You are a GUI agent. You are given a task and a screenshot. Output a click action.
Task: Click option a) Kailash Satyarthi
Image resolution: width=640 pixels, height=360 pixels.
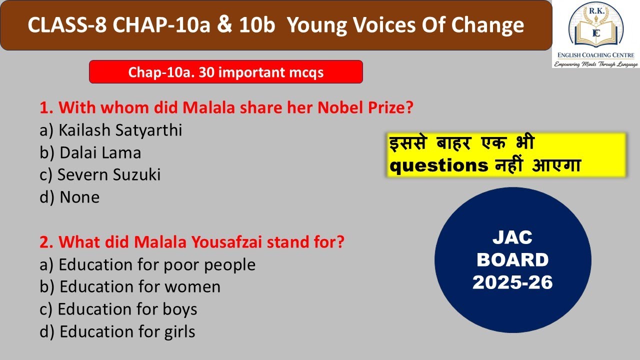point(110,130)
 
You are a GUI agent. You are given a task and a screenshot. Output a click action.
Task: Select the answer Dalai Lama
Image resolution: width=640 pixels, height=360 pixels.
point(90,152)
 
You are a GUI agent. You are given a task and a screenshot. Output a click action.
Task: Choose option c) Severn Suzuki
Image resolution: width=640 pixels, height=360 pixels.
point(100,174)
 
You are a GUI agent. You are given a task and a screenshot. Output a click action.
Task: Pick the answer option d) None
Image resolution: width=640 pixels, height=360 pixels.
point(69,197)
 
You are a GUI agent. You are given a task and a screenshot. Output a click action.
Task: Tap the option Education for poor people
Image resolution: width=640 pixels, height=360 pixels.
point(147,264)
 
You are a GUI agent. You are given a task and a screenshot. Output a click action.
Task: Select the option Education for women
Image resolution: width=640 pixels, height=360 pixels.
point(130,286)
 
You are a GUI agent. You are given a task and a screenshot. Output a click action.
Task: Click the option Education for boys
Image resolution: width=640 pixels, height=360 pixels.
point(118,309)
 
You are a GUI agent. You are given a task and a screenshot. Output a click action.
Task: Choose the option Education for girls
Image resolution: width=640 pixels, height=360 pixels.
point(117,331)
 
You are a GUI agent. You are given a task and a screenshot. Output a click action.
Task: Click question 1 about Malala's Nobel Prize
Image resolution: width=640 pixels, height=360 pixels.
point(226,107)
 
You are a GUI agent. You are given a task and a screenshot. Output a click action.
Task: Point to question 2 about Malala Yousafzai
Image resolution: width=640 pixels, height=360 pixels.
point(192,242)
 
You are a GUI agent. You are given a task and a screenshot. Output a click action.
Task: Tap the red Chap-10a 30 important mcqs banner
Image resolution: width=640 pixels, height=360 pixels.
point(226,72)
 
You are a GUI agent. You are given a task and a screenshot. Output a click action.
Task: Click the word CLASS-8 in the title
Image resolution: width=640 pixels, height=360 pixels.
point(66,25)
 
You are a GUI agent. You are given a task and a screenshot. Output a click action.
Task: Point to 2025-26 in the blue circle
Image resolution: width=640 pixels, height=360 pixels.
point(512,282)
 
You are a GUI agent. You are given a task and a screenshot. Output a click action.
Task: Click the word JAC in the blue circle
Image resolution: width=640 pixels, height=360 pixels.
point(512,238)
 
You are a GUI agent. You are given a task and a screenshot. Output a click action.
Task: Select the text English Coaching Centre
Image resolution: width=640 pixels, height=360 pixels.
point(595,55)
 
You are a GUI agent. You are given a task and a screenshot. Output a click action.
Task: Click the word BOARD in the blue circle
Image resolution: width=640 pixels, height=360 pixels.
point(512,260)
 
